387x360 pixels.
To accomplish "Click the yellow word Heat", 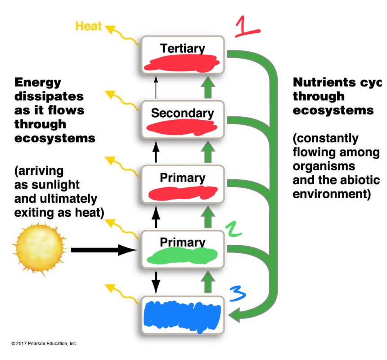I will (x=88, y=26).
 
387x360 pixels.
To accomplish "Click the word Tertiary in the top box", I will (x=182, y=48).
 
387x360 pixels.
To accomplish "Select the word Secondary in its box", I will (x=182, y=113).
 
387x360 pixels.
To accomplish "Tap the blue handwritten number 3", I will (x=237, y=294).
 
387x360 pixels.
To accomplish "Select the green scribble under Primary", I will (x=182, y=257).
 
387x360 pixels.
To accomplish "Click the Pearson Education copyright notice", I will (x=45, y=343).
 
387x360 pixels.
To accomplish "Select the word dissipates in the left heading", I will (x=49, y=96).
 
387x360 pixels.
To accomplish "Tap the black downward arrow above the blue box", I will (x=156, y=282).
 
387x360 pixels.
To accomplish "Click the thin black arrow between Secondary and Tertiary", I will (x=156, y=87).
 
